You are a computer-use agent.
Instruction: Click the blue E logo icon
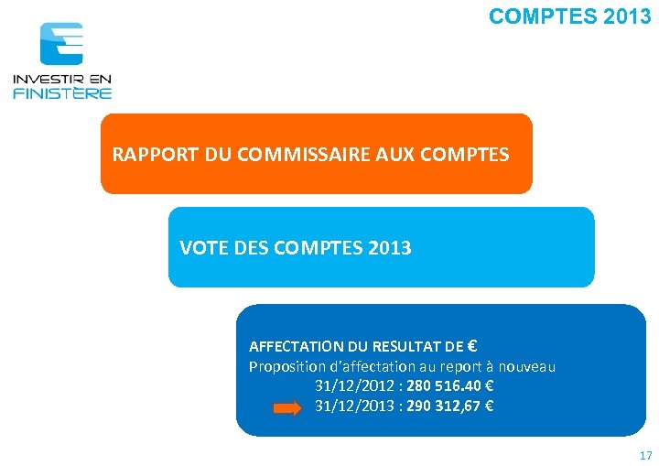click(x=61, y=44)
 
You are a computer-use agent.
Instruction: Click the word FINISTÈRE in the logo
click(x=62, y=92)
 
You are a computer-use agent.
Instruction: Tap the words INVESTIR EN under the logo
click(x=62, y=80)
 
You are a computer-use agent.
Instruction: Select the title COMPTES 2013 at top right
click(x=569, y=16)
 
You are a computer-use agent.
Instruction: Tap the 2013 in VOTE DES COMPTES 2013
click(x=390, y=248)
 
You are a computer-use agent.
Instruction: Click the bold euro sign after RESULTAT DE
click(x=471, y=346)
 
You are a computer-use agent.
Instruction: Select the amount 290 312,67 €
click(x=448, y=406)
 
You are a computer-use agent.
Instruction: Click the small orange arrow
click(x=286, y=409)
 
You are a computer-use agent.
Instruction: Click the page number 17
click(x=645, y=455)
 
